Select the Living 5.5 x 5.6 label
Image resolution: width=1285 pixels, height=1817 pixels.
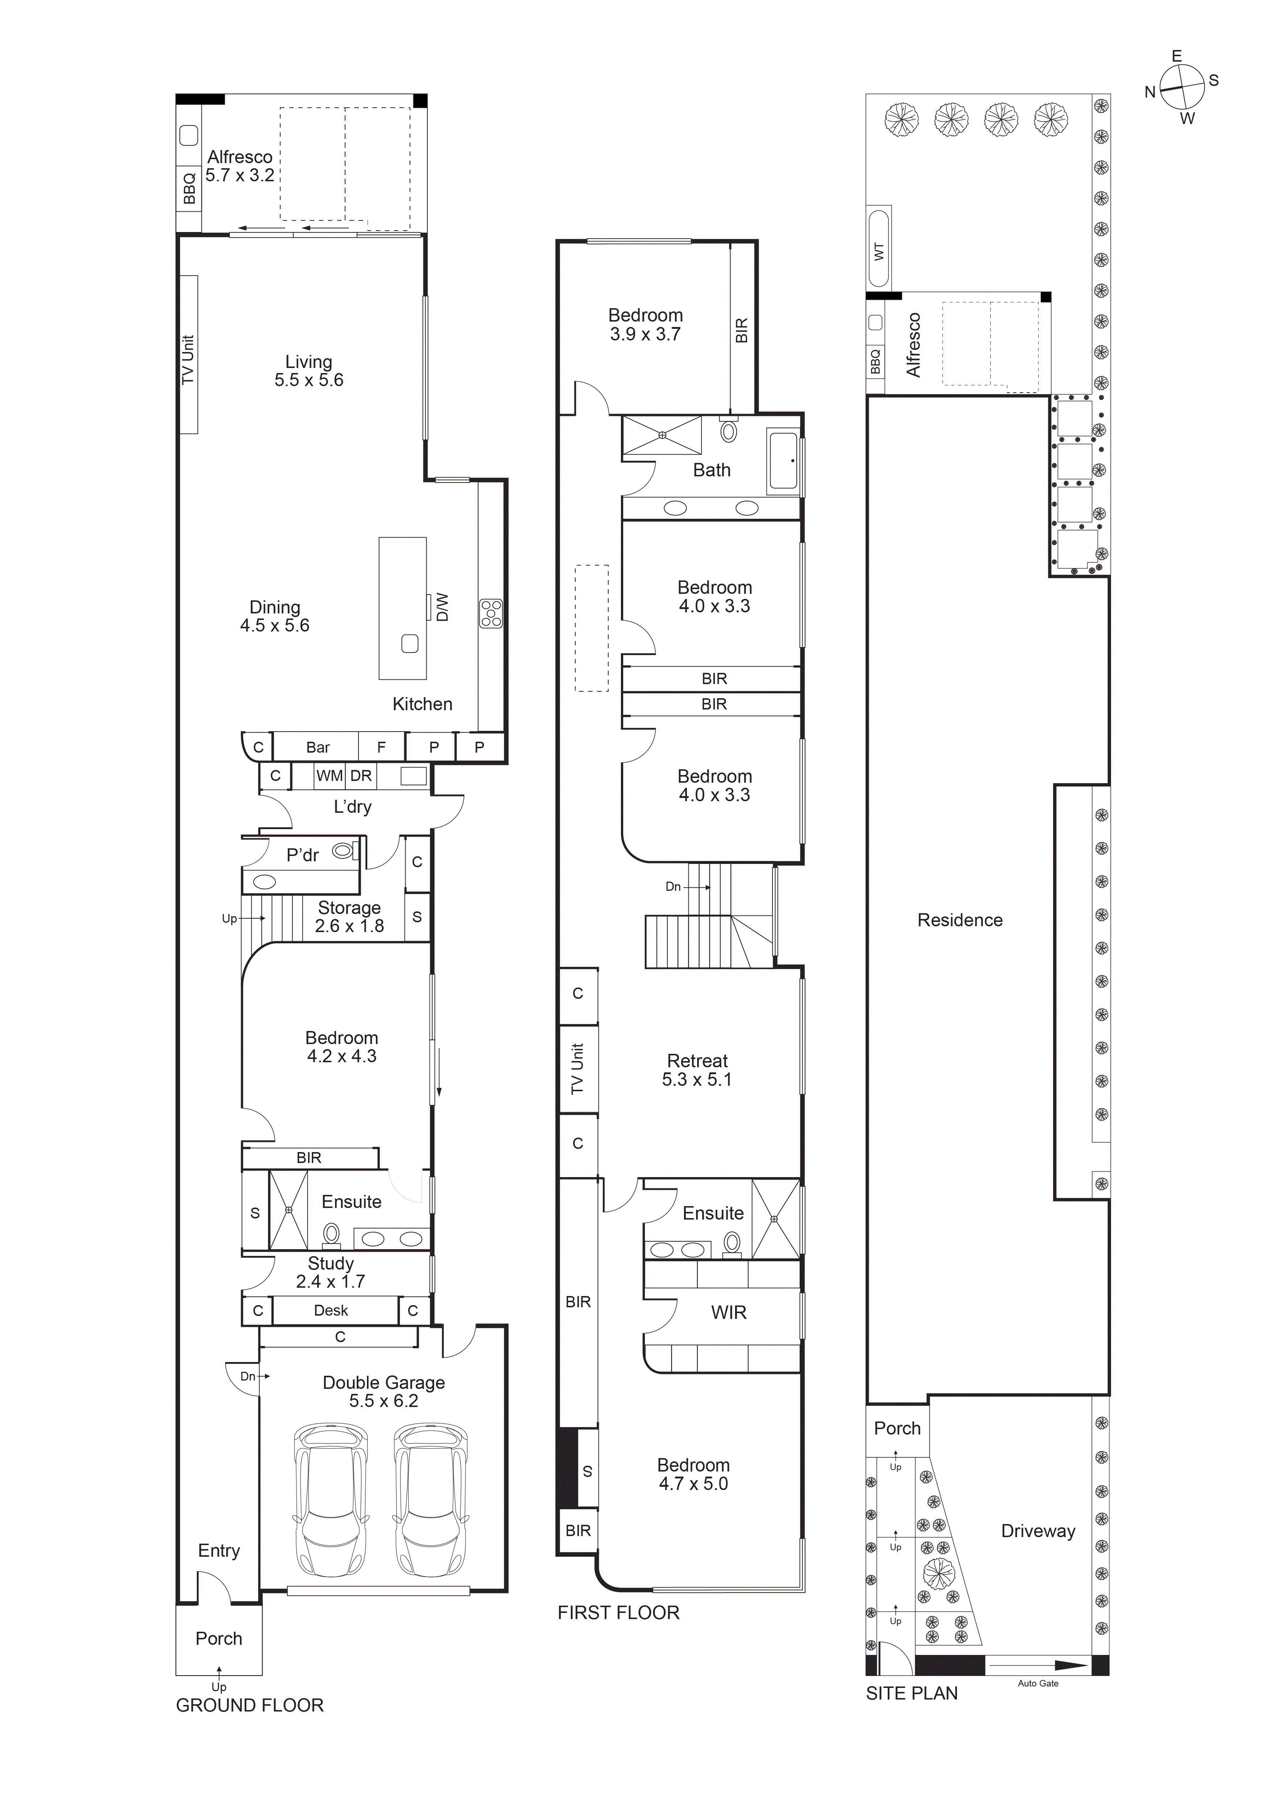tap(308, 371)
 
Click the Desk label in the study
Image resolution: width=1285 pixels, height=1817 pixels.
tap(331, 1311)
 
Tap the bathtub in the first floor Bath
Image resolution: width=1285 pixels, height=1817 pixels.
tap(783, 460)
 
